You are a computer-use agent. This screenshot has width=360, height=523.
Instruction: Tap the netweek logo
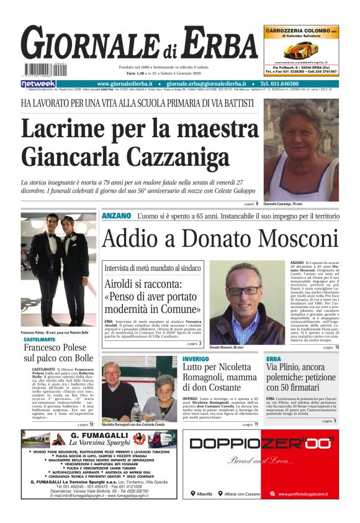tap(38, 84)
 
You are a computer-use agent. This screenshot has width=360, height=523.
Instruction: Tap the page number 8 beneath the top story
tap(257, 204)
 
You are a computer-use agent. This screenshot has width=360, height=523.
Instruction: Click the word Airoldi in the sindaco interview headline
tap(120, 284)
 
